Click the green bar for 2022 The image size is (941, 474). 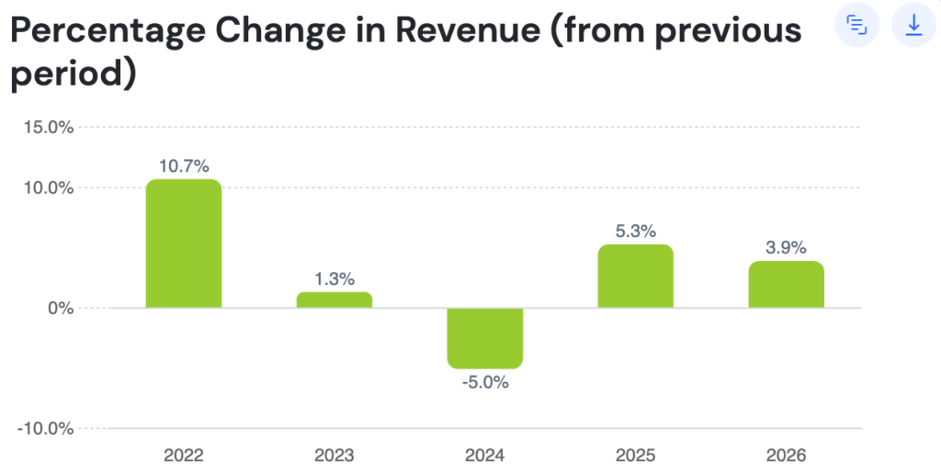coord(184,243)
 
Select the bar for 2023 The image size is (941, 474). coord(334,299)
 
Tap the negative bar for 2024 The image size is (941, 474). coord(485,338)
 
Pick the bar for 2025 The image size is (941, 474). coord(636,276)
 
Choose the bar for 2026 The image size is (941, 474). coord(787,284)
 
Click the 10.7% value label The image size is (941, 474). coord(184,166)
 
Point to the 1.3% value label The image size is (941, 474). coord(334,278)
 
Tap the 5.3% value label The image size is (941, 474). coord(636,231)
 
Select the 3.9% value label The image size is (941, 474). coord(787,247)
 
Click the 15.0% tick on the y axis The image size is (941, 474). coord(49,127)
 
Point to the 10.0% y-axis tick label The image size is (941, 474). coord(49,187)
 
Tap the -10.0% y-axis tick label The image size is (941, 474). coord(46,428)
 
